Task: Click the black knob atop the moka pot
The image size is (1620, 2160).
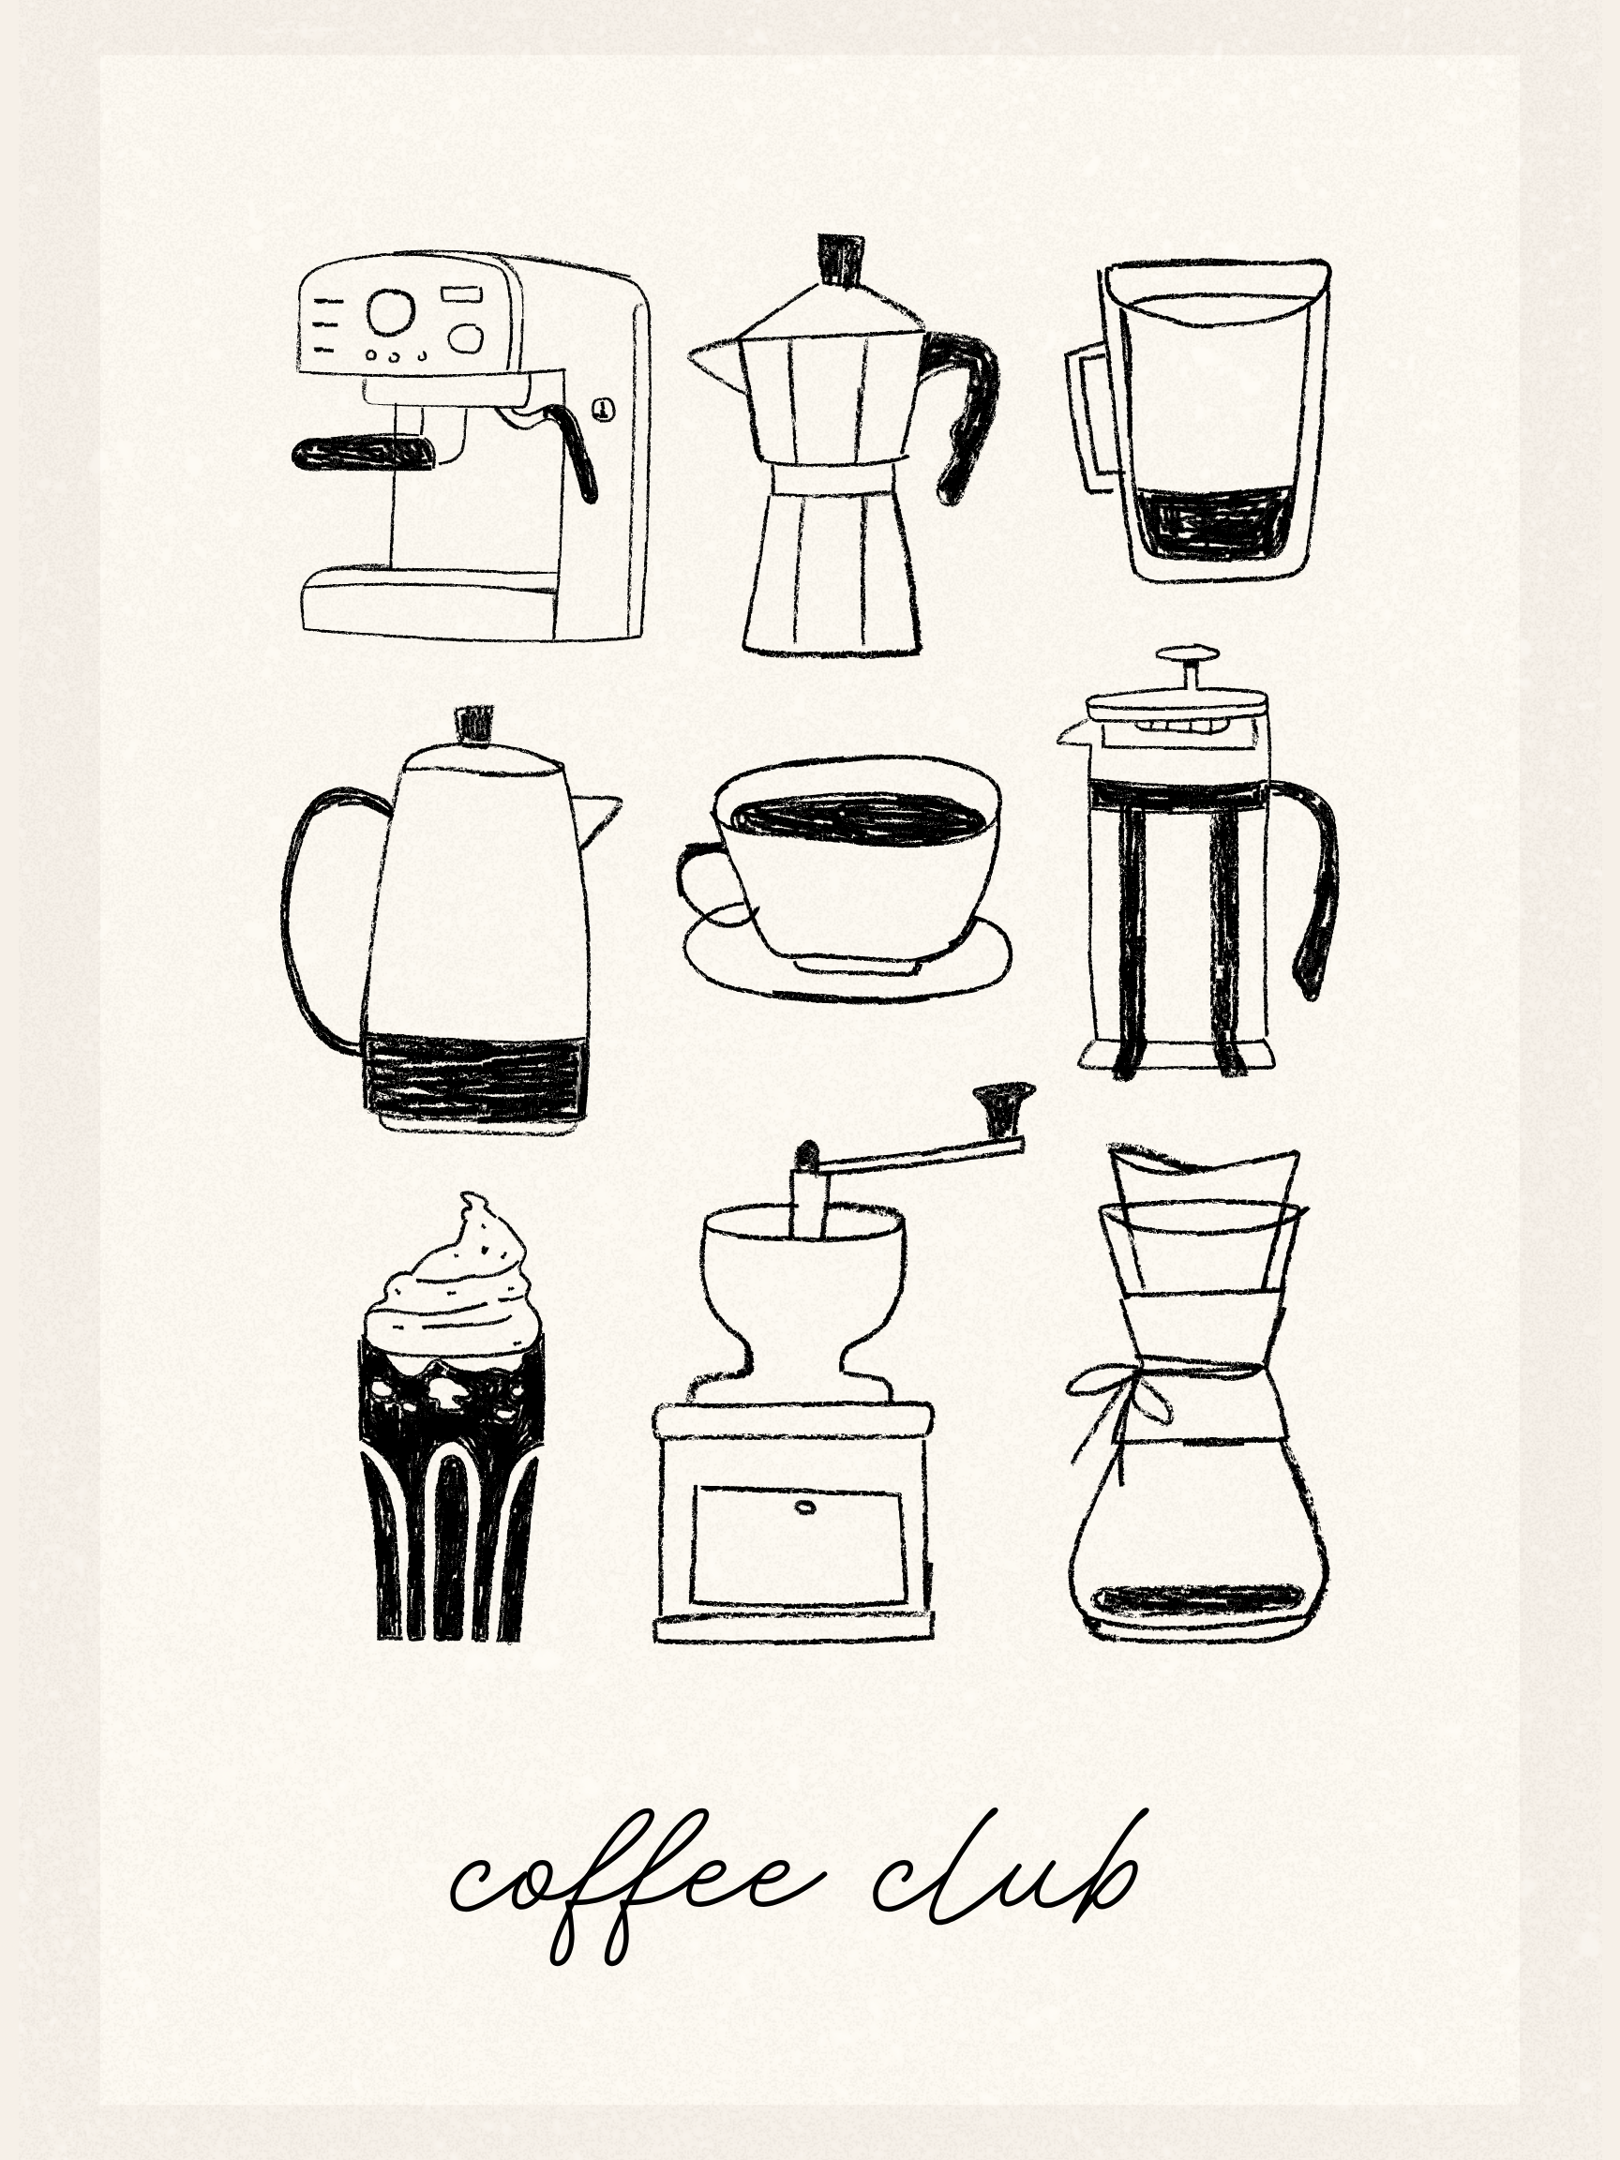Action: pyautogui.click(x=841, y=260)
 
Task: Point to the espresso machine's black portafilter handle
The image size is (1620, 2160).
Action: pyautogui.click(x=363, y=453)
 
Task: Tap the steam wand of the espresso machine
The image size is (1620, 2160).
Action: pyautogui.click(x=566, y=450)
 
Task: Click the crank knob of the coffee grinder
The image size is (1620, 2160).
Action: pyautogui.click(x=1004, y=1105)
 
